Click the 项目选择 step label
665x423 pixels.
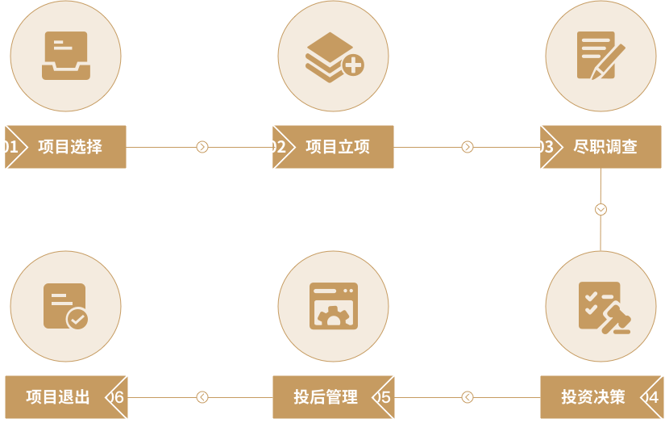[70, 147]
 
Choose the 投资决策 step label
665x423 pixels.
[593, 397]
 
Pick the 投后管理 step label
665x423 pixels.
[326, 397]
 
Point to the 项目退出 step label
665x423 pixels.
[58, 397]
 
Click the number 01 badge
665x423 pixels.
[10, 147]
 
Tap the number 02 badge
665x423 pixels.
[278, 147]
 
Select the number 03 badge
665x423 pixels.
[546, 147]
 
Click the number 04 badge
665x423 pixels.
[653, 397]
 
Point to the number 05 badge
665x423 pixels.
[385, 397]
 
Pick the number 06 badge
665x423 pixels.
[118, 397]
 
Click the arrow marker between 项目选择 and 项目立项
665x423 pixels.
[202, 147]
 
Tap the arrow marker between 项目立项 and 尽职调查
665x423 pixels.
[468, 147]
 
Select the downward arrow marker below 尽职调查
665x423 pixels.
[601, 209]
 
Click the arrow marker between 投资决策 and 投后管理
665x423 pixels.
[468, 397]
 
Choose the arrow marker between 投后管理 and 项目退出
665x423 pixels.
[202, 397]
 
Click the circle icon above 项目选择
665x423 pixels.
[65, 57]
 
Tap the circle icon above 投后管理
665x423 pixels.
[333, 306]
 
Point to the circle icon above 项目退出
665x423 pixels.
[65, 306]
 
